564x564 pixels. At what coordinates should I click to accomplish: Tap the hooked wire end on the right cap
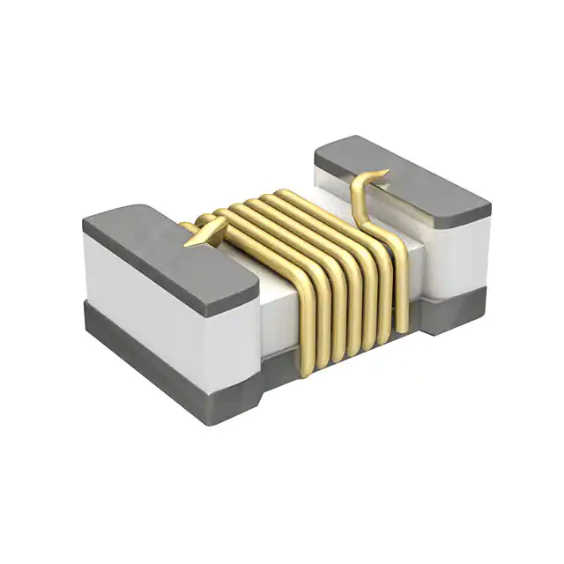click(379, 174)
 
